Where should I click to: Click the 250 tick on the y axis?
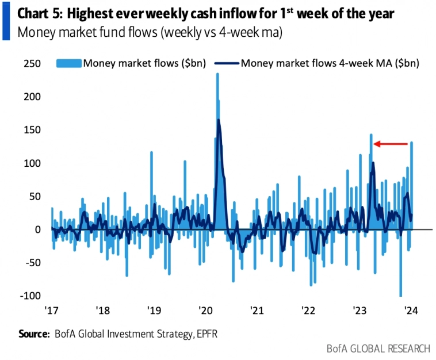click(x=32, y=64)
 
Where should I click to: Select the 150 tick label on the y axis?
click(x=32, y=130)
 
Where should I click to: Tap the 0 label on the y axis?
click(x=37, y=229)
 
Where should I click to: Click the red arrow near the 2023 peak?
click(x=392, y=144)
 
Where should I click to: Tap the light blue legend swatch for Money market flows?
click(x=69, y=63)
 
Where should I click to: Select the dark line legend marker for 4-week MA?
click(x=227, y=63)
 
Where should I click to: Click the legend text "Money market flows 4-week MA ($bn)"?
click(x=330, y=63)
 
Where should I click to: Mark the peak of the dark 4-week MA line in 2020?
click(x=219, y=120)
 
